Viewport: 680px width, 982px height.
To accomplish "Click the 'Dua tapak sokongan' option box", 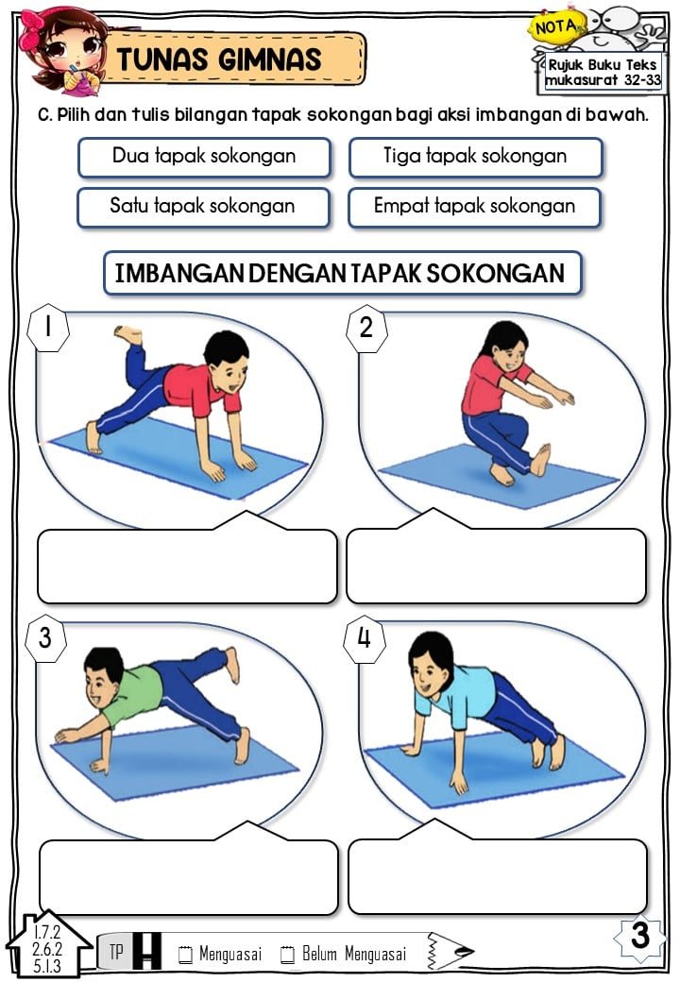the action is click(204, 157).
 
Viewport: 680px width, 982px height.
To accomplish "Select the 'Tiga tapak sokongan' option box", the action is click(475, 157).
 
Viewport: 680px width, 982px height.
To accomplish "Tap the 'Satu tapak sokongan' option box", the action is click(203, 208).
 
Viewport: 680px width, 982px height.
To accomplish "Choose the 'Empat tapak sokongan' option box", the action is click(474, 208).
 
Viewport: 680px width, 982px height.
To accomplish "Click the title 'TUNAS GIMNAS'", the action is click(219, 59).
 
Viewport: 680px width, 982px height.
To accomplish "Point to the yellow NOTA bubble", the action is click(556, 27).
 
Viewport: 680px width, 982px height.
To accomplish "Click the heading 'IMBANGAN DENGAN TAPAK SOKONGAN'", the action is click(342, 273).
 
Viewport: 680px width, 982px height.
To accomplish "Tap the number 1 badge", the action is click(48, 328).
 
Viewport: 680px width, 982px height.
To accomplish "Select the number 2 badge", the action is click(366, 328).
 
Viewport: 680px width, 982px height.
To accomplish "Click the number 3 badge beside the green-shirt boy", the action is click(45, 639).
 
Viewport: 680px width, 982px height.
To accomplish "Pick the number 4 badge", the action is click(364, 639).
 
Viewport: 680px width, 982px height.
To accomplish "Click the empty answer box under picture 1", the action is click(187, 567).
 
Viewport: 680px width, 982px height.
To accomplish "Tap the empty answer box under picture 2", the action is click(496, 567).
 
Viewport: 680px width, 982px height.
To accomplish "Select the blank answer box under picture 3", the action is click(189, 877).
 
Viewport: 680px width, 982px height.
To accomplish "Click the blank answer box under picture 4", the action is click(498, 876).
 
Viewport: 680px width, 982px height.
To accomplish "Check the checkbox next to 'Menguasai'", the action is click(185, 954).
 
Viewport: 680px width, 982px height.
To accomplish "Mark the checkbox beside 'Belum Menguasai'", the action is click(287, 954).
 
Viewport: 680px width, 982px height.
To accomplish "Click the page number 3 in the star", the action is click(640, 936).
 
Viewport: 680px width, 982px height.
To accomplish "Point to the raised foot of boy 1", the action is click(128, 334).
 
